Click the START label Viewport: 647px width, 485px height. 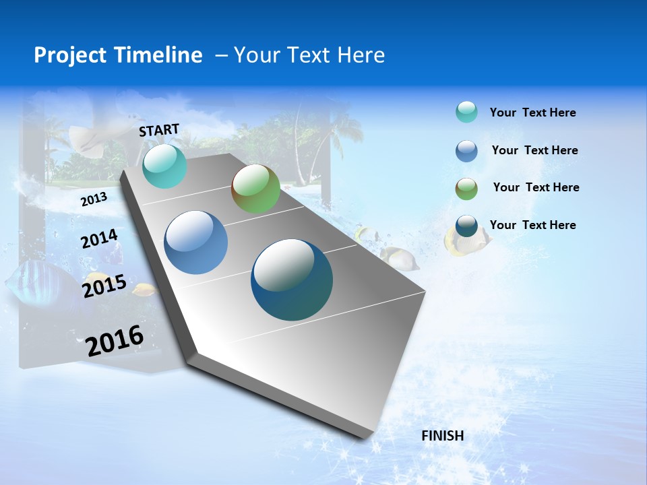159,130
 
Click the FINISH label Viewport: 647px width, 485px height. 443,436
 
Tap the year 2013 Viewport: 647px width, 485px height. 94,199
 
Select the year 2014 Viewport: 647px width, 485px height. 100,239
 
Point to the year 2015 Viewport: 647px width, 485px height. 104,286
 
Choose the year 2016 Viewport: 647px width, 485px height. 115,340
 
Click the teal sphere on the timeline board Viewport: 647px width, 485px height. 164,166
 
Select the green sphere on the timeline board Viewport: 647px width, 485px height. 255,189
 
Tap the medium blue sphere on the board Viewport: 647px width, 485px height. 196,243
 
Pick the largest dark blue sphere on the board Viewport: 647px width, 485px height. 292,280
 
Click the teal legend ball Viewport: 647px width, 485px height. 466,112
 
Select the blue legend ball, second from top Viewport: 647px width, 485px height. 466,151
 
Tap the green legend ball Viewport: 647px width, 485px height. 466,189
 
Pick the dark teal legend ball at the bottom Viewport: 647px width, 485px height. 466,226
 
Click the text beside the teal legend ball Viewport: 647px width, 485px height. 532,112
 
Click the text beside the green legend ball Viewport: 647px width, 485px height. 536,187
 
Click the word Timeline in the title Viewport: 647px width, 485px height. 159,55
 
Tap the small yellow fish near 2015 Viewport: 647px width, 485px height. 144,290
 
